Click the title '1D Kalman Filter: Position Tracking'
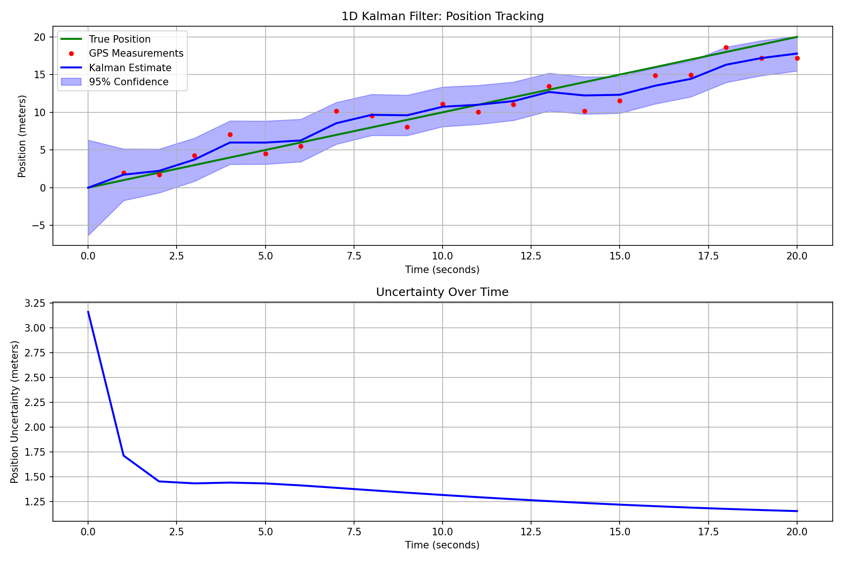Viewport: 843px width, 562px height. [x=442, y=16]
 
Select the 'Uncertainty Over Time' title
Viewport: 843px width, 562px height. [x=442, y=292]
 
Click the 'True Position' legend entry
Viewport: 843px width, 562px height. [x=119, y=39]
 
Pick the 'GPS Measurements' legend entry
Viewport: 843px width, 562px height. [x=136, y=53]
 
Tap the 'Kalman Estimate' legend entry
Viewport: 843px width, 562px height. [x=130, y=68]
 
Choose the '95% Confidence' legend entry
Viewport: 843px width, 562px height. [x=128, y=82]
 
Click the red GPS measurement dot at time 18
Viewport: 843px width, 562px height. [x=726, y=47]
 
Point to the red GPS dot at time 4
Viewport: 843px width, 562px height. [x=230, y=134]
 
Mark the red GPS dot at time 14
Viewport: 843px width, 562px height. [x=584, y=111]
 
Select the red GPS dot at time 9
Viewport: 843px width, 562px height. [x=407, y=127]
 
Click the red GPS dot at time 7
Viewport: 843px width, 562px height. [x=336, y=111]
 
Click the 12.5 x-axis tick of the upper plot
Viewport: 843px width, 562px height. [x=531, y=256]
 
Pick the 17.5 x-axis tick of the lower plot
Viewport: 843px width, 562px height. [x=708, y=532]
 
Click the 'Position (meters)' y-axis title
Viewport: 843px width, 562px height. [x=22, y=136]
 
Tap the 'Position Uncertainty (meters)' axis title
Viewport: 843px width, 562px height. [x=15, y=412]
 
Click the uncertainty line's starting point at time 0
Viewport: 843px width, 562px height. [x=88, y=312]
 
